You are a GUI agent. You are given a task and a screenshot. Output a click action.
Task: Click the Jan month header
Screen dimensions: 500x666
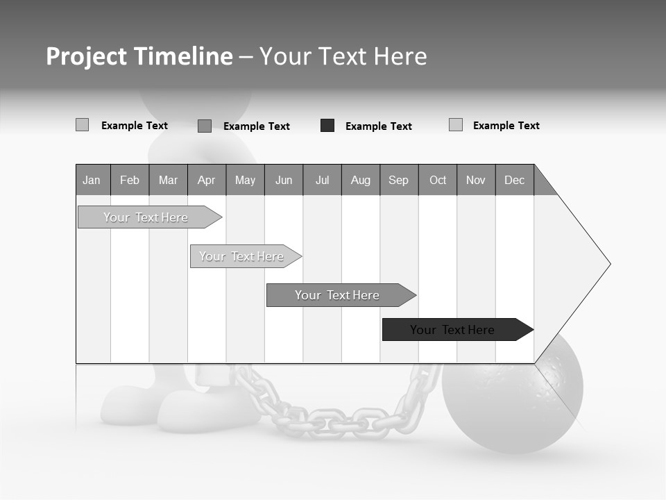click(x=92, y=181)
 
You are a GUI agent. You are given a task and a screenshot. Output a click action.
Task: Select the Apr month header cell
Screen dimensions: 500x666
click(x=206, y=181)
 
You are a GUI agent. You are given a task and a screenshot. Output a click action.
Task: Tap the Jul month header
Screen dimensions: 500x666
click(x=322, y=181)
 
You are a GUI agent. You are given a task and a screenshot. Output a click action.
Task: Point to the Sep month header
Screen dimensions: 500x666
click(x=398, y=181)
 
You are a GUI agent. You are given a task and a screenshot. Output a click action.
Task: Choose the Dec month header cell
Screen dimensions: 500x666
click(x=514, y=181)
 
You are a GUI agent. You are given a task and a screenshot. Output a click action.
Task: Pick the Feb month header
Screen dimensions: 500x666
click(x=130, y=181)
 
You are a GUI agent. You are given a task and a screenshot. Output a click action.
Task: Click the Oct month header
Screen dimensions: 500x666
click(x=438, y=181)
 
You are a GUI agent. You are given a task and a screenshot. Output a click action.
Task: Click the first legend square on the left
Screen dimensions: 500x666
click(x=82, y=125)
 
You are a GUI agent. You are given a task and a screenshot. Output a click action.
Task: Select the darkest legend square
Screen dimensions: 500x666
click(x=327, y=126)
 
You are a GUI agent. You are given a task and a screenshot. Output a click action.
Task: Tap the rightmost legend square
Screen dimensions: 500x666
click(x=456, y=125)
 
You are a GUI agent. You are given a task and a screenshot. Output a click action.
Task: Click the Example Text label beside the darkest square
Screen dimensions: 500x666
click(x=378, y=126)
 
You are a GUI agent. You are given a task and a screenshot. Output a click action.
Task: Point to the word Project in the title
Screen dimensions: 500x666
click(x=86, y=56)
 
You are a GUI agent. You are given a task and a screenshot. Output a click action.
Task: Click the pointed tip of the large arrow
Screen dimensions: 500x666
click(x=608, y=264)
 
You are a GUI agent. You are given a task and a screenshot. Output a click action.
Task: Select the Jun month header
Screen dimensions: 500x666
click(x=284, y=181)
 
